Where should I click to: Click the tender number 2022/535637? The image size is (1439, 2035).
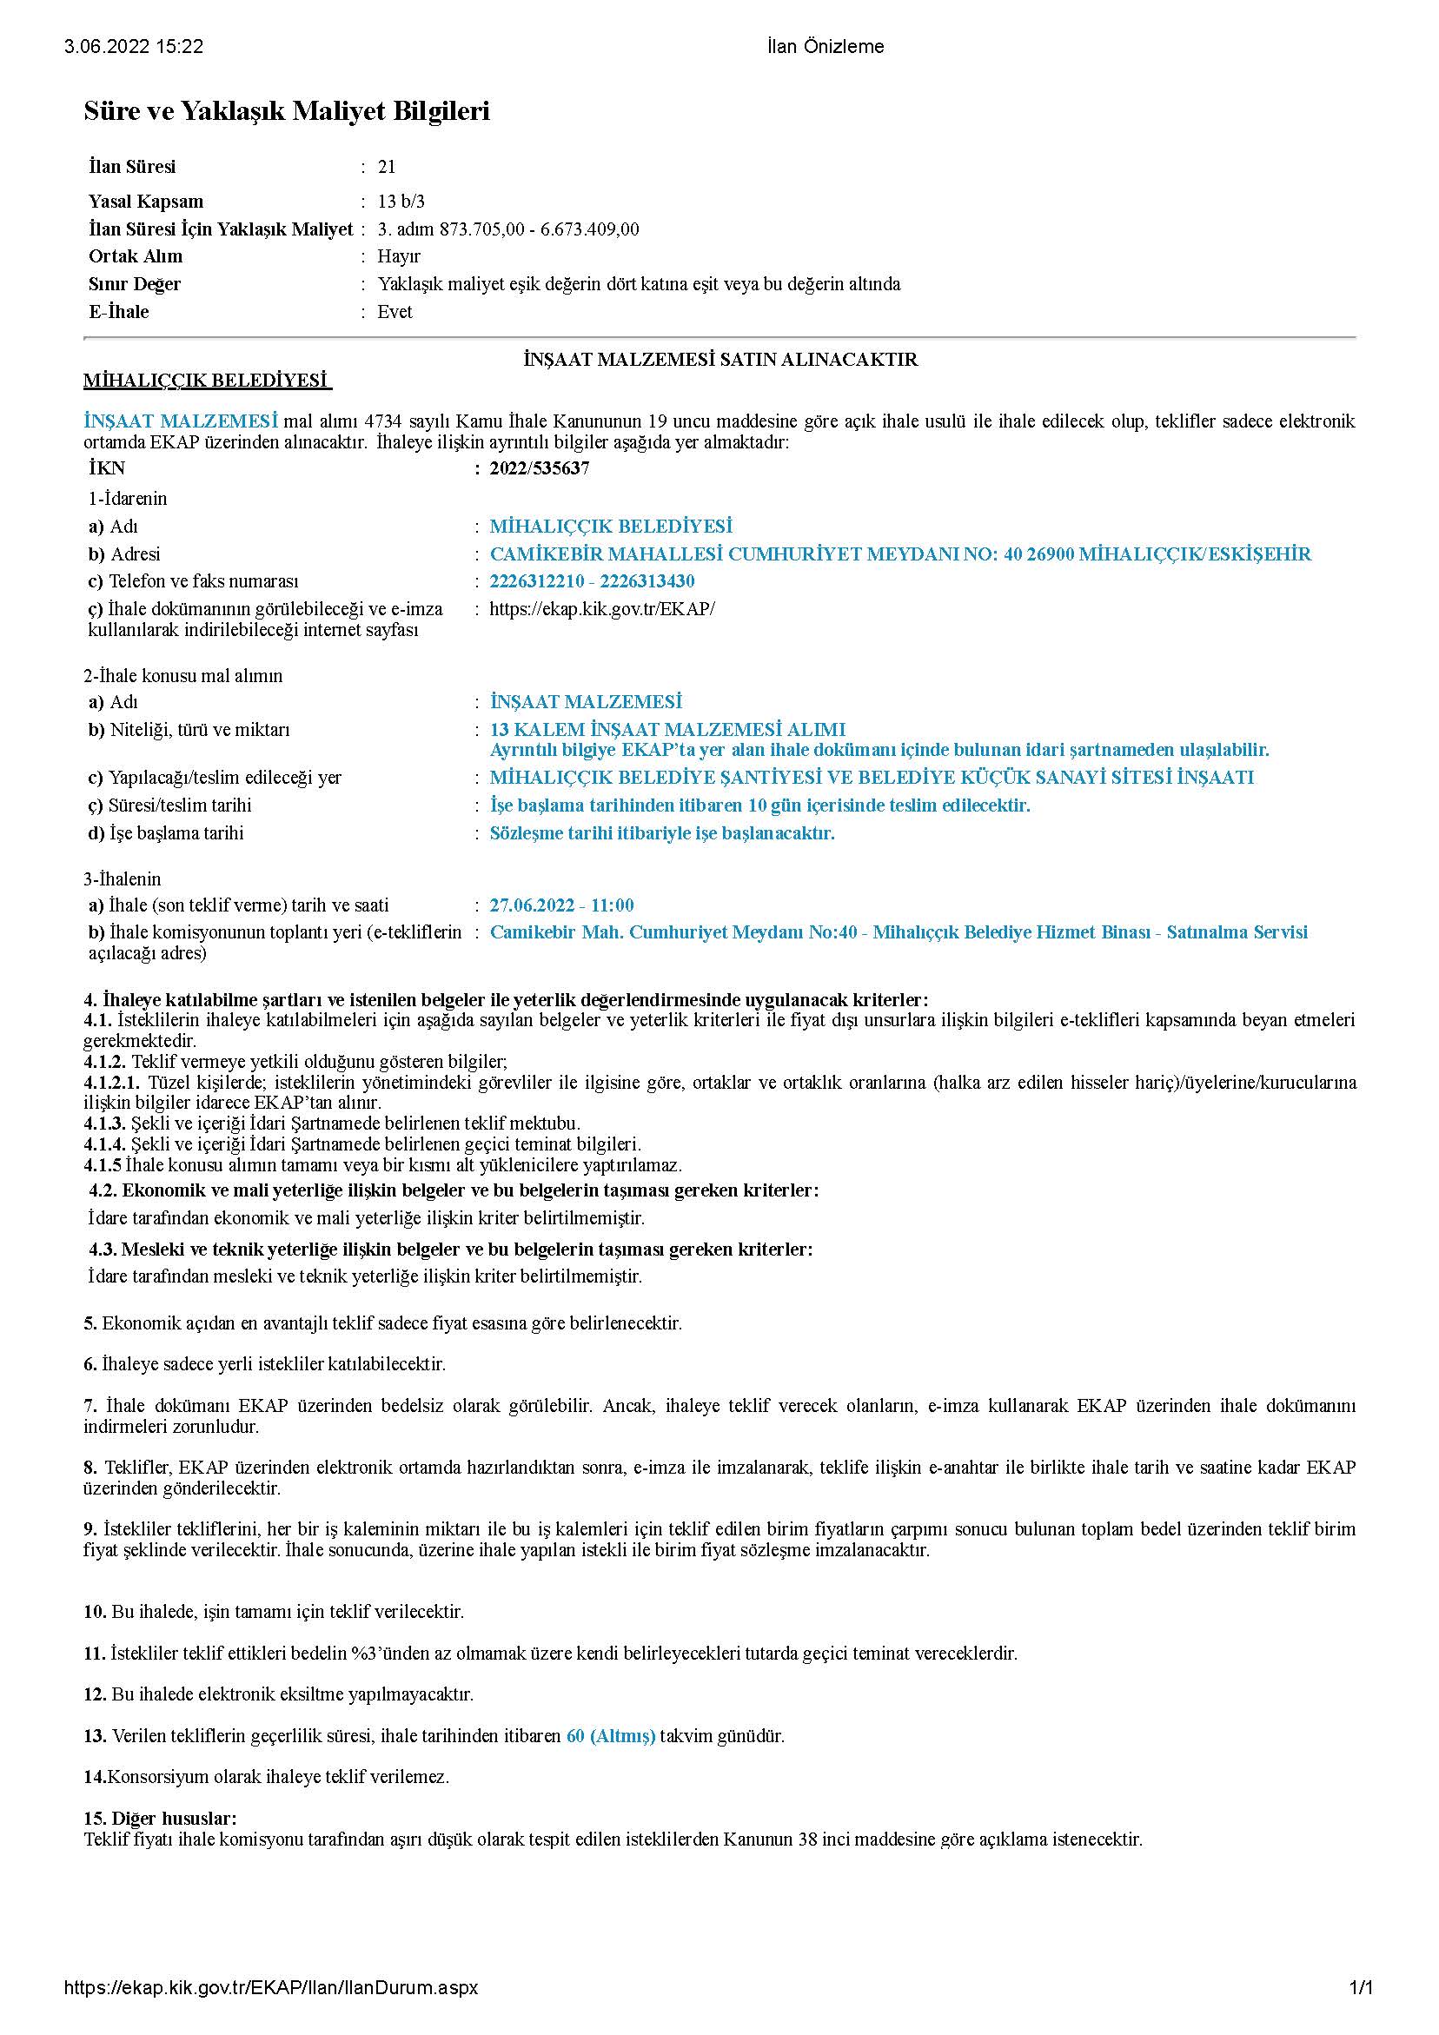pyautogui.click(x=539, y=469)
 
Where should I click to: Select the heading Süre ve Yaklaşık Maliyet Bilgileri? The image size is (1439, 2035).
pyautogui.click(x=287, y=111)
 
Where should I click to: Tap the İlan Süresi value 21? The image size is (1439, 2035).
pyautogui.click(x=387, y=167)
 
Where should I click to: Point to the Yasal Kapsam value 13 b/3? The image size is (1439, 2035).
pyautogui.click(x=401, y=202)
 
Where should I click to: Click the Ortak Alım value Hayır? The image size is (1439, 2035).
pyautogui.click(x=398, y=256)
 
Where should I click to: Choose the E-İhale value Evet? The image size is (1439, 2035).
pyautogui.click(x=395, y=312)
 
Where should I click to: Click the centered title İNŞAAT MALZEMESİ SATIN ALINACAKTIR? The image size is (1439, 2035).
pyautogui.click(x=720, y=360)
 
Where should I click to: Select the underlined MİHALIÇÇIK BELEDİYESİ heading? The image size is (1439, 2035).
pyautogui.click(x=206, y=381)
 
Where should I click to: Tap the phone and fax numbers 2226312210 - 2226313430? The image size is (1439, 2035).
pyautogui.click(x=592, y=581)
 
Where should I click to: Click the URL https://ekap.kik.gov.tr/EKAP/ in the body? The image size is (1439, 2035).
pyautogui.click(x=602, y=609)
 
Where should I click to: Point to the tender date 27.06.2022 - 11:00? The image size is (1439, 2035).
pyautogui.click(x=561, y=905)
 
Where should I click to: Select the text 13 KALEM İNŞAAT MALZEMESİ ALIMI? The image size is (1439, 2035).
pyautogui.click(x=666, y=729)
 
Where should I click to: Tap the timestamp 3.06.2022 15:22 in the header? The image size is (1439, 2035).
pyautogui.click(x=133, y=47)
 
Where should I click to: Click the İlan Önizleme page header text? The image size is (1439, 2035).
pyautogui.click(x=826, y=47)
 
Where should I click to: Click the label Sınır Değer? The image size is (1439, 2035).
pyautogui.click(x=135, y=284)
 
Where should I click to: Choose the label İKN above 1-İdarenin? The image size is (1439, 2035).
pyautogui.click(x=106, y=469)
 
